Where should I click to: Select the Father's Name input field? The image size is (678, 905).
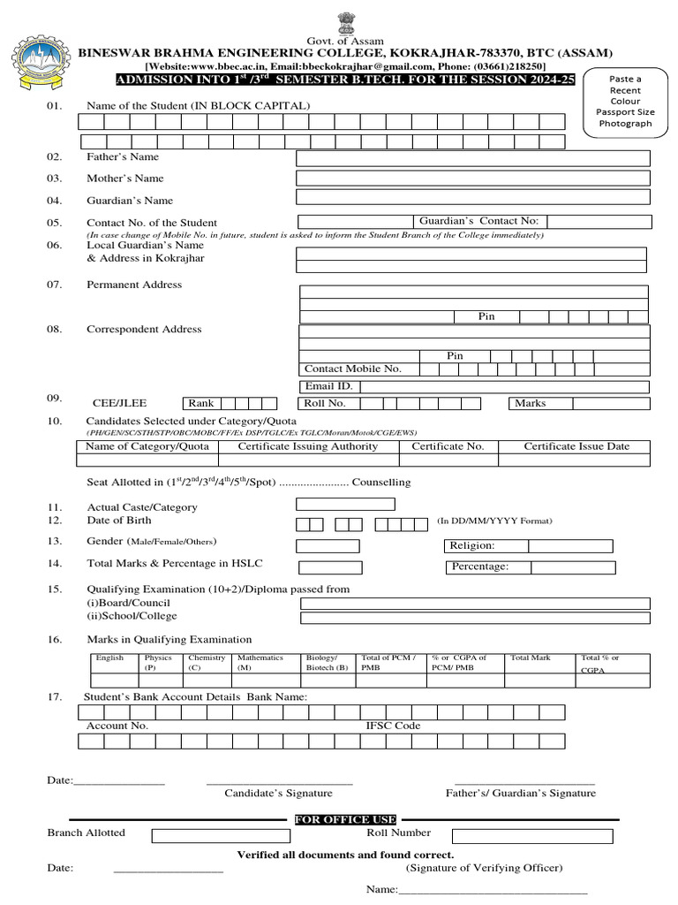coord(473,158)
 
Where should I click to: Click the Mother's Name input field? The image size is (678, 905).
coord(473,178)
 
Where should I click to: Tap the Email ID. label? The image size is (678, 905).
coord(328,386)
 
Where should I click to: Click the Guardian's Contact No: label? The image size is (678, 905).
coord(478,221)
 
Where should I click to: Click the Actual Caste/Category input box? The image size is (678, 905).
coord(345,505)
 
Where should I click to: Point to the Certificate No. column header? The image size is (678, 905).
coord(448,446)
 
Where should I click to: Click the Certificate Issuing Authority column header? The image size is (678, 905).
coord(308,446)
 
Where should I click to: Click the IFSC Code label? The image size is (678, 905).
coord(394,726)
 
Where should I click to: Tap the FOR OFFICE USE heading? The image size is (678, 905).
coord(345,820)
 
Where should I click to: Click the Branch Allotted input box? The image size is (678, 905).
coord(220,835)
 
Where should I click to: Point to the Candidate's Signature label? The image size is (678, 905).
coord(278,794)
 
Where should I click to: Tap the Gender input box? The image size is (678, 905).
coord(328,546)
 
